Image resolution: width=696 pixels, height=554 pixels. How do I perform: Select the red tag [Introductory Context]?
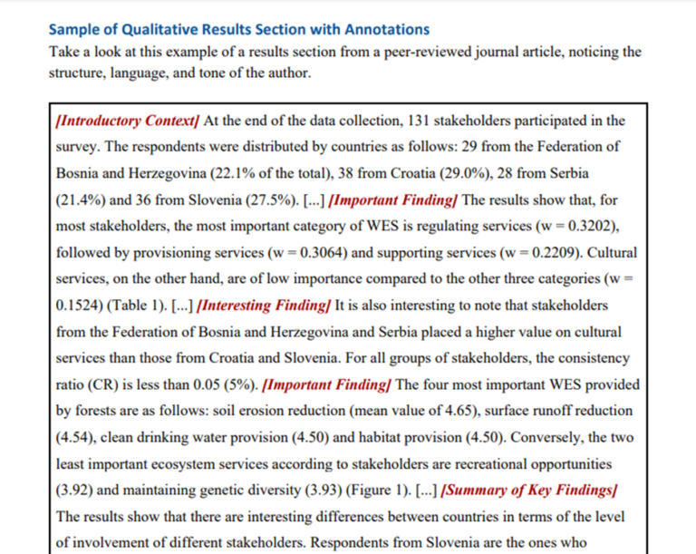(128, 121)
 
